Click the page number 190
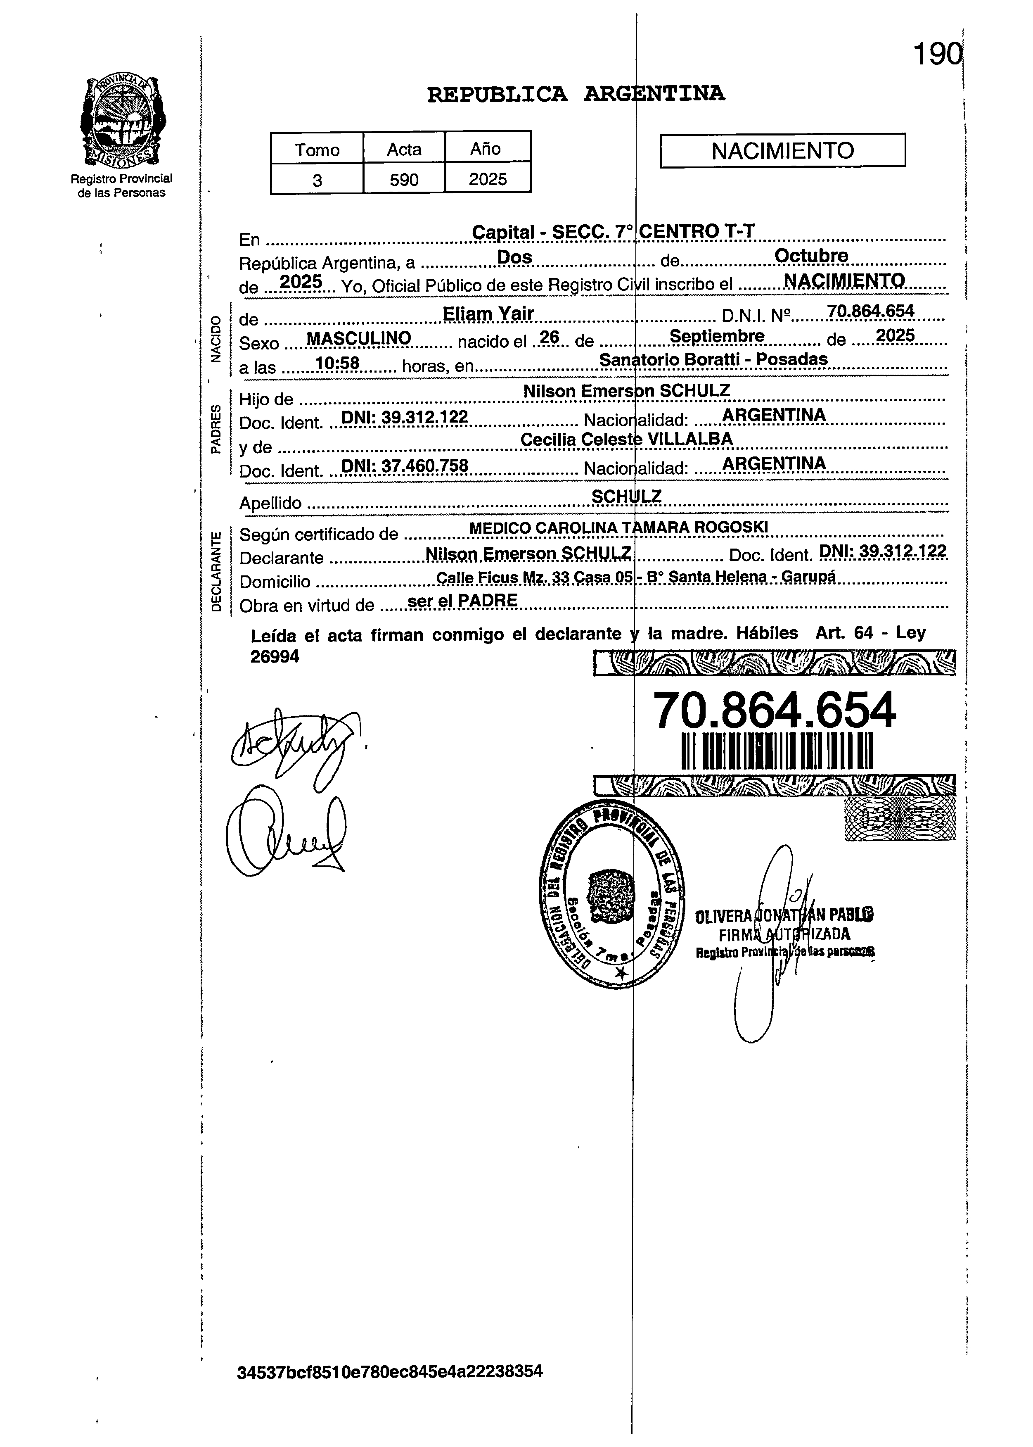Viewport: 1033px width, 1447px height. click(x=936, y=55)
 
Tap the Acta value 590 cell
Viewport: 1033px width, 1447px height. click(x=404, y=179)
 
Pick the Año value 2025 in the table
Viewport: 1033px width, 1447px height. click(x=488, y=179)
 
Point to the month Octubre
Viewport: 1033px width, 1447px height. click(x=810, y=256)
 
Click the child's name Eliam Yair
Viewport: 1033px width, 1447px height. click(x=488, y=314)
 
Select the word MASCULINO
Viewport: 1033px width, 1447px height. click(x=358, y=339)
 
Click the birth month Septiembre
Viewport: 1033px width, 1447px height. click(x=717, y=336)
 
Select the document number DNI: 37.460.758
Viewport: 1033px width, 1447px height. click(x=405, y=466)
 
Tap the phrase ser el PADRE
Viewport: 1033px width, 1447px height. click(x=462, y=601)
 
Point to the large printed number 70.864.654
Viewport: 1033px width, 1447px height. click(x=774, y=711)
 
